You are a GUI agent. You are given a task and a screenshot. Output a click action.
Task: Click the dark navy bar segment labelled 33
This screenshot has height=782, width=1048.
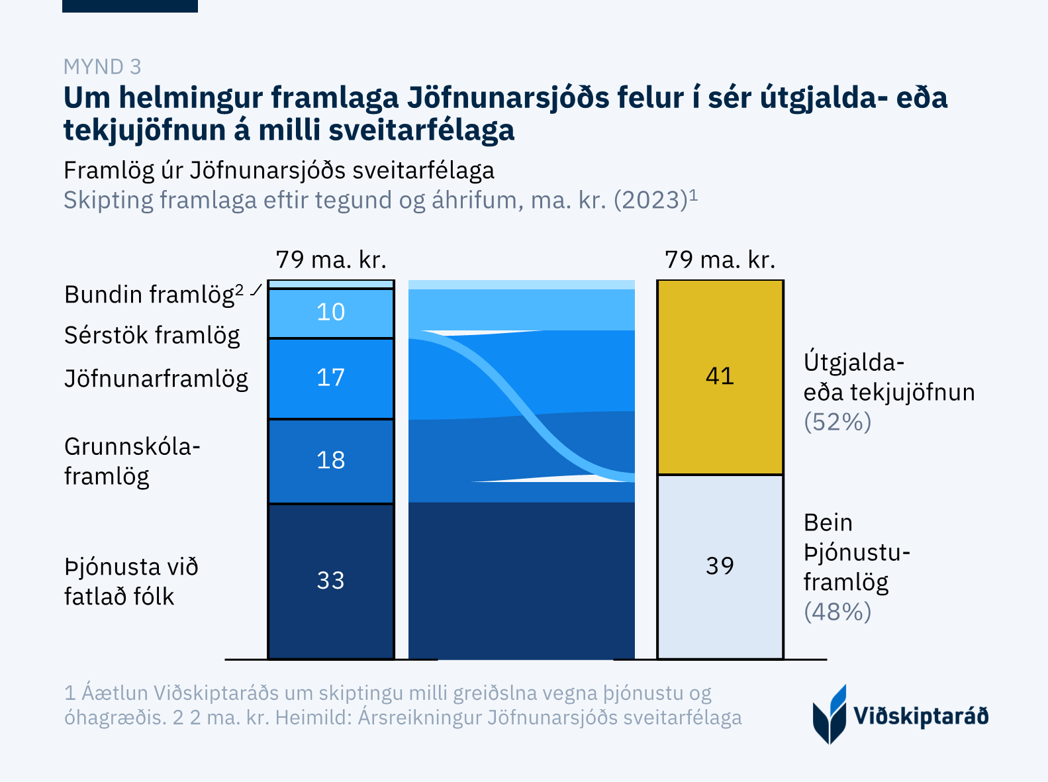[331, 581]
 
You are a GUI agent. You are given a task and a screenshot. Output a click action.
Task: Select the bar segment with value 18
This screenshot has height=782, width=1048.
[331, 461]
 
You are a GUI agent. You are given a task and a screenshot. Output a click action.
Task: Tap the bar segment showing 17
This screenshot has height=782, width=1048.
[331, 378]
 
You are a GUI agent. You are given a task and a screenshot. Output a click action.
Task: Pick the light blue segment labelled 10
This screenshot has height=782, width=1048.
[331, 313]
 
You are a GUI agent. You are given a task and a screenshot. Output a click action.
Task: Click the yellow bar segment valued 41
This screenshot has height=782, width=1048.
[720, 377]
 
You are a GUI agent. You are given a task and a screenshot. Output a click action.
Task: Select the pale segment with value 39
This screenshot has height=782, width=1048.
[720, 566]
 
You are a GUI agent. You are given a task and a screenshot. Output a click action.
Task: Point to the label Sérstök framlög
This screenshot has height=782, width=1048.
[152, 336]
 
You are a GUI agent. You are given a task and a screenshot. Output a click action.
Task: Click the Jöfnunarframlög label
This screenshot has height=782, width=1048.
[156, 379]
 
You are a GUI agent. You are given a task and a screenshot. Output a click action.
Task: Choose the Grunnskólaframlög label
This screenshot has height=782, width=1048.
[132, 462]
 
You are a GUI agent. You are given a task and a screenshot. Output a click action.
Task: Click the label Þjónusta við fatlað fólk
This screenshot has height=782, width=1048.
[131, 582]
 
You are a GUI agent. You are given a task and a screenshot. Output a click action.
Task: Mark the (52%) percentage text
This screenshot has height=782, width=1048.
[837, 422]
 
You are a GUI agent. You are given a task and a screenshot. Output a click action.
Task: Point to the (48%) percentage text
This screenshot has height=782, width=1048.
[837, 612]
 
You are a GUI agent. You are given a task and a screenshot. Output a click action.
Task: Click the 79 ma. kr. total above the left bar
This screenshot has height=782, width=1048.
[331, 260]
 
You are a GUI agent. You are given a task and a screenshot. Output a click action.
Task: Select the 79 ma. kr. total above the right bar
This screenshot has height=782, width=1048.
[720, 260]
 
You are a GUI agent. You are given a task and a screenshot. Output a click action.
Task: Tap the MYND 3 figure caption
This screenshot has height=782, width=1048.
[102, 67]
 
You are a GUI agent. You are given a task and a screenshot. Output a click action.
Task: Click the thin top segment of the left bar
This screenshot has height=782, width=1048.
[331, 284]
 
